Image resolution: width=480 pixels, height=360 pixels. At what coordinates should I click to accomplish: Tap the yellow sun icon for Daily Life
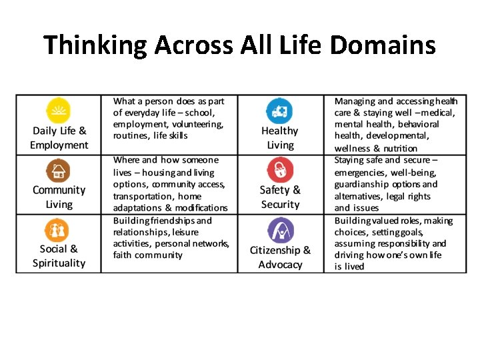click(59, 110)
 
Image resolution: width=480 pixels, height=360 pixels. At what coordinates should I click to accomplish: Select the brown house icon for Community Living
click(59, 170)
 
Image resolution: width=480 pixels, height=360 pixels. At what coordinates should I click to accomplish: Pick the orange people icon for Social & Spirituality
click(57, 230)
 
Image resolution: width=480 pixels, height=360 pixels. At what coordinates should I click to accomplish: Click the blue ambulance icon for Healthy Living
click(279, 110)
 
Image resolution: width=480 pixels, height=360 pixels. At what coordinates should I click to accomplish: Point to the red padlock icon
click(279, 170)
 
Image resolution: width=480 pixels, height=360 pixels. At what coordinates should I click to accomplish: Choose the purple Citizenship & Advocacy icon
click(280, 230)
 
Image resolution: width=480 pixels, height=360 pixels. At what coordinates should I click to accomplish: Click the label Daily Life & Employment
click(59, 138)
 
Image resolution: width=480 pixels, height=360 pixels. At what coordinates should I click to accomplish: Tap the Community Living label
click(59, 197)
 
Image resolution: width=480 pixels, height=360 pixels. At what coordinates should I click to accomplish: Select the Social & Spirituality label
click(59, 256)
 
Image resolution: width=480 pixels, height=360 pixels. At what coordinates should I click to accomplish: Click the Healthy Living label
click(280, 138)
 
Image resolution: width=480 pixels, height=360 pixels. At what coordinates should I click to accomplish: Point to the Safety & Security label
click(280, 197)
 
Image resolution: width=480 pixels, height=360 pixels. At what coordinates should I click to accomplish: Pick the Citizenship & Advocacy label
click(280, 257)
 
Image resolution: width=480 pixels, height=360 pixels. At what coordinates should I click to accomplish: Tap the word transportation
click(143, 197)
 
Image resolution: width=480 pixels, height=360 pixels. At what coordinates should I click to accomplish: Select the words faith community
click(147, 255)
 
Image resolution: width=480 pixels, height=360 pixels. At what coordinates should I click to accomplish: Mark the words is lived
click(349, 267)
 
